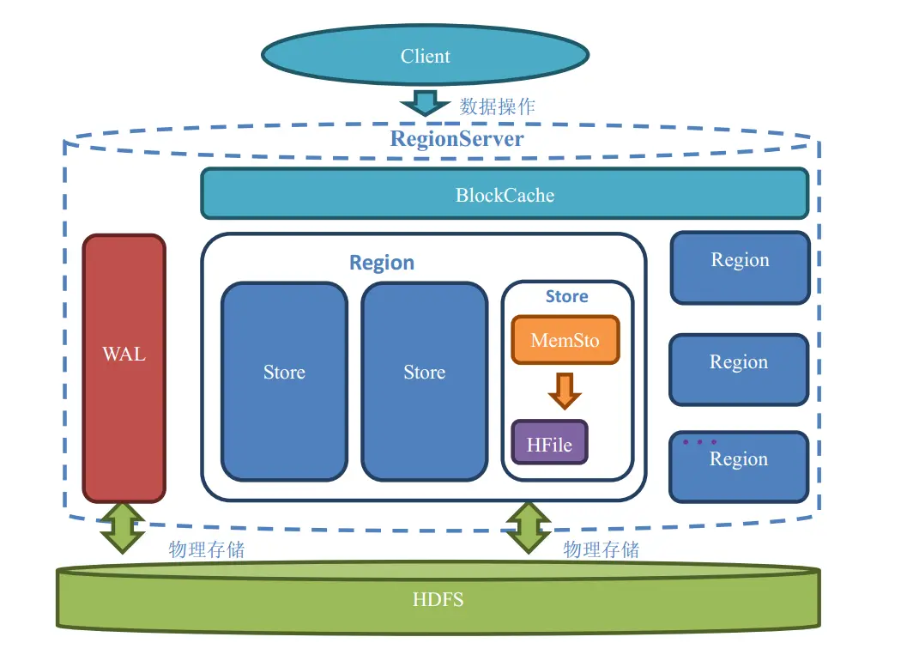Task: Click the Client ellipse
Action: point(425,56)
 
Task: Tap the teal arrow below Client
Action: point(425,102)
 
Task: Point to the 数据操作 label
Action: point(498,106)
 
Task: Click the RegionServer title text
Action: point(456,138)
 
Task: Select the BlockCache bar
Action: point(505,194)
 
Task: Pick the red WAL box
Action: point(124,367)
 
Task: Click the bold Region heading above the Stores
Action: point(381,263)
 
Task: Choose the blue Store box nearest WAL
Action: point(284,381)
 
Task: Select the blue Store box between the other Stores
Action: point(424,381)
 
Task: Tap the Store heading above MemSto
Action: point(566,296)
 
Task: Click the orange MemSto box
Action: point(565,340)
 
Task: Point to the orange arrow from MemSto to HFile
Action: point(565,391)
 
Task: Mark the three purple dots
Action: point(699,442)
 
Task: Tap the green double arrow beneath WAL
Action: point(123,527)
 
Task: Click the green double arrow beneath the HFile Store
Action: point(528,527)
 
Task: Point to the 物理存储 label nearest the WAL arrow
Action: point(206,549)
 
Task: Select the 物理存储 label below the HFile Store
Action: point(601,549)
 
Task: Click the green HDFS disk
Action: point(438,598)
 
